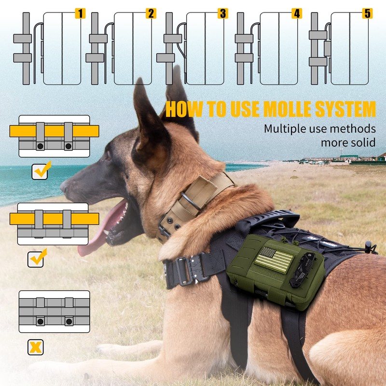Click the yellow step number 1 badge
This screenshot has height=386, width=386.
pos(80,14)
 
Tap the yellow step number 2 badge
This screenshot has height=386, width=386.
pos(151,14)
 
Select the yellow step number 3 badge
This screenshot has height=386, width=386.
pos(222,14)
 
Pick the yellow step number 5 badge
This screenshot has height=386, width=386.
pos(368,14)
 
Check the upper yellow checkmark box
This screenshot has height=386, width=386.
pos(39,171)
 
